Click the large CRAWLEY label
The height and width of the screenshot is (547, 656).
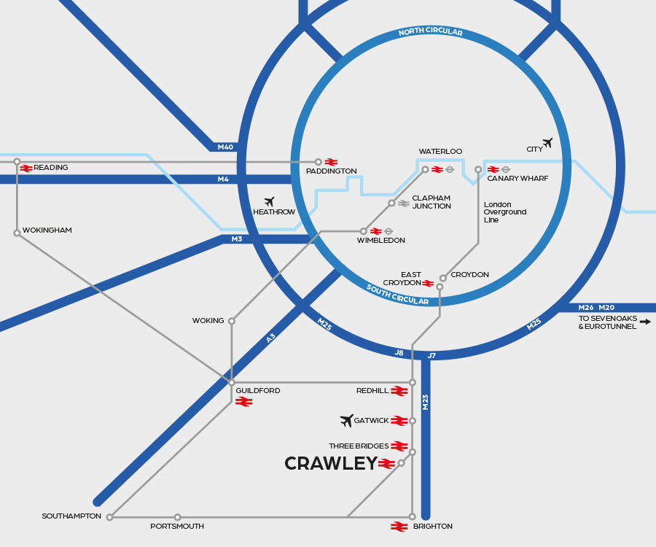click(x=331, y=464)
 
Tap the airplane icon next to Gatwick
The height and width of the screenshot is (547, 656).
click(x=347, y=420)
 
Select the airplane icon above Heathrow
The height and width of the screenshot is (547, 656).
click(x=269, y=201)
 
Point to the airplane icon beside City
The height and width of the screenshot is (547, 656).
click(x=547, y=143)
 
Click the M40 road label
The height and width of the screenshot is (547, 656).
click(x=225, y=147)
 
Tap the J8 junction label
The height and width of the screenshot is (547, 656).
click(x=399, y=353)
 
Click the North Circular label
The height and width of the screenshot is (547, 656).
click(x=431, y=32)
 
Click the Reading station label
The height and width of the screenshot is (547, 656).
click(x=51, y=168)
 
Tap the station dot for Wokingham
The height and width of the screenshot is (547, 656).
click(x=17, y=233)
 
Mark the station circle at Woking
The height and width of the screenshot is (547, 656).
click(x=232, y=321)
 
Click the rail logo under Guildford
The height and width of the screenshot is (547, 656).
click(x=243, y=402)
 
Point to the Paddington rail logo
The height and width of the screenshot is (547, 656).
click(x=331, y=162)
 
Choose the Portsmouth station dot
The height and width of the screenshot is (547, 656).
click(x=177, y=517)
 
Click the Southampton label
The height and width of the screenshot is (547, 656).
click(x=71, y=516)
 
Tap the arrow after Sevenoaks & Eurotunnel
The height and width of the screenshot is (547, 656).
click(x=645, y=321)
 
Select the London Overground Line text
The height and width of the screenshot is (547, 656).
click(x=505, y=212)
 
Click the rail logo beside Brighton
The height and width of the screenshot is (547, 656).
click(x=399, y=527)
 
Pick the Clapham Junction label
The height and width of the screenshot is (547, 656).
click(x=432, y=202)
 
